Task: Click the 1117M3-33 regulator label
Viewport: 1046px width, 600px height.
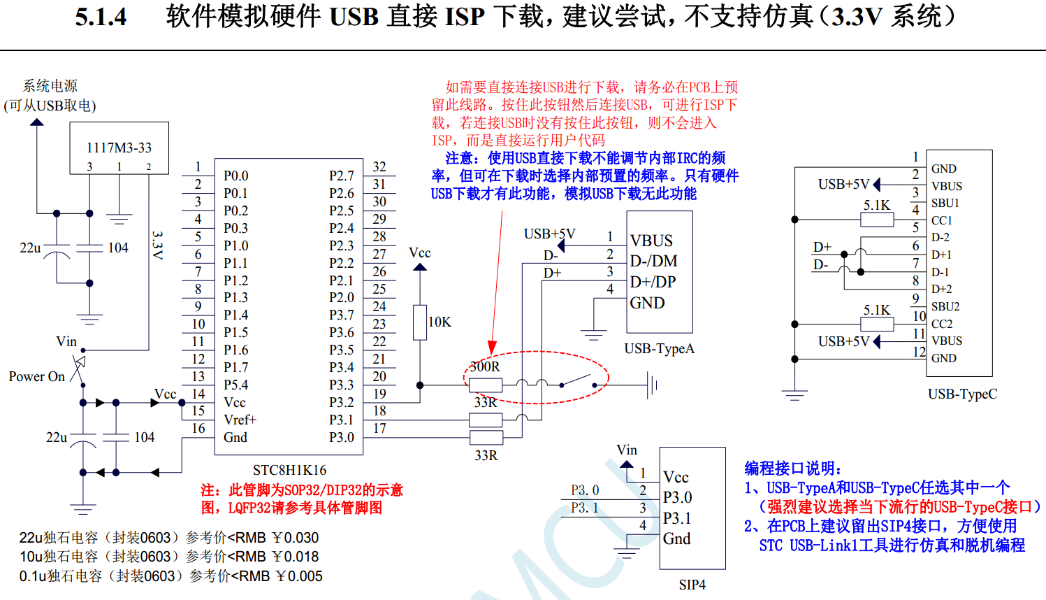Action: pyautogui.click(x=119, y=148)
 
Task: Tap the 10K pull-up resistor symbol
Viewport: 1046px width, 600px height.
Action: pyautogui.click(x=420, y=322)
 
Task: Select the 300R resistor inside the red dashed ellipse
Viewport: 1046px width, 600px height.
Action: pyautogui.click(x=486, y=385)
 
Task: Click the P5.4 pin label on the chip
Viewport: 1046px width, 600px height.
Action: pyautogui.click(x=236, y=385)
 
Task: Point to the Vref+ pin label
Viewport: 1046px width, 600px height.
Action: pyautogui.click(x=240, y=420)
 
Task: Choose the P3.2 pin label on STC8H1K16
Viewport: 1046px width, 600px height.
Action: pyautogui.click(x=341, y=402)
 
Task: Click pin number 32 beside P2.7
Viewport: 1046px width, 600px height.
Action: pyautogui.click(x=379, y=166)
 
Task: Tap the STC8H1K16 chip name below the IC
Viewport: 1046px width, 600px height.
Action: pyautogui.click(x=289, y=470)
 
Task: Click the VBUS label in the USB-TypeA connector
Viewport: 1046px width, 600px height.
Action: pyautogui.click(x=651, y=241)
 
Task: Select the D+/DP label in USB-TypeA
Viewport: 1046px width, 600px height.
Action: pyautogui.click(x=653, y=282)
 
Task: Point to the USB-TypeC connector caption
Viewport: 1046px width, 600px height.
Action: pyautogui.click(x=962, y=394)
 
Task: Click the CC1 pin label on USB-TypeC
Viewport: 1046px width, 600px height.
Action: pyautogui.click(x=941, y=220)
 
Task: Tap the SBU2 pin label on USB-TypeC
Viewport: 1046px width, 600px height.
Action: pyautogui.click(x=945, y=306)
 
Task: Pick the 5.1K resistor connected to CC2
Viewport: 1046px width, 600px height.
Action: pyautogui.click(x=877, y=324)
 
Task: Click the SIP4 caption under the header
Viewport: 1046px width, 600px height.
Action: pyautogui.click(x=692, y=585)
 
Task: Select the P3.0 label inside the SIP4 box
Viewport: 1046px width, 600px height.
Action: pyautogui.click(x=677, y=497)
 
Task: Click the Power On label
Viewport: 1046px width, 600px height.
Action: pyautogui.click(x=36, y=376)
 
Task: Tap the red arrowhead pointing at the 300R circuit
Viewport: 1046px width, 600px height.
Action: pyautogui.click(x=493, y=348)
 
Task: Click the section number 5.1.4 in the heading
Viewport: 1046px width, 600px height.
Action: pyautogui.click(x=101, y=17)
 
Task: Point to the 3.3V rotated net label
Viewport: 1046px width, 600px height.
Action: pyautogui.click(x=158, y=245)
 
